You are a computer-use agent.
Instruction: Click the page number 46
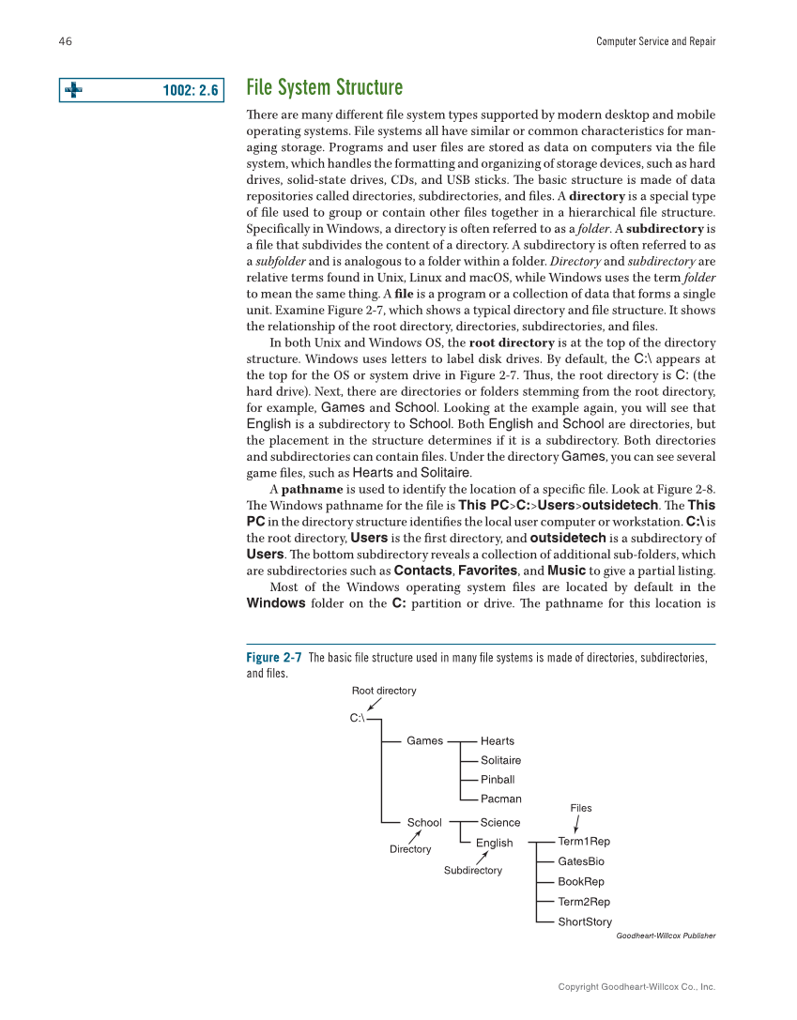tap(66, 41)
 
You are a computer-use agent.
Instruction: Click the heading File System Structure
tap(324, 88)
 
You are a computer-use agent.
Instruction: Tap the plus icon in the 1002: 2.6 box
tap(71, 90)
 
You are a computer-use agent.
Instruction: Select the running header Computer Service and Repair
tap(655, 41)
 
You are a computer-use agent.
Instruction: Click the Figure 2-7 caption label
tap(273, 658)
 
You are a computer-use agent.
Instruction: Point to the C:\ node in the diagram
tap(357, 719)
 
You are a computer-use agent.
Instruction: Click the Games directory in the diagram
tap(424, 740)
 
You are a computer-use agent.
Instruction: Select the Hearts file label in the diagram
tap(497, 740)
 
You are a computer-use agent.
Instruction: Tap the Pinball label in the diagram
tap(497, 779)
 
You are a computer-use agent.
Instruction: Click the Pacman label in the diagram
tap(500, 799)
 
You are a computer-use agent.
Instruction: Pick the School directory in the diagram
tap(423, 822)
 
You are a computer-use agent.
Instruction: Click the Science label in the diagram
tap(499, 822)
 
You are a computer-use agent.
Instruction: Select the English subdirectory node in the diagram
tap(494, 843)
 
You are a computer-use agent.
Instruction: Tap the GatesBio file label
tap(580, 861)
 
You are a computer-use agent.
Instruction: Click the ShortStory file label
tap(584, 921)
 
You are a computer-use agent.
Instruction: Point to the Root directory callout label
tap(383, 691)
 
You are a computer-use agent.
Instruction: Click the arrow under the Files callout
tap(576, 822)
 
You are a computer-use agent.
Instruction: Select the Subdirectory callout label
tap(472, 870)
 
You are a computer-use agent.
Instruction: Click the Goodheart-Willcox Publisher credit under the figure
tap(666, 936)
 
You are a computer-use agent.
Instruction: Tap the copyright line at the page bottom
tap(636, 986)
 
